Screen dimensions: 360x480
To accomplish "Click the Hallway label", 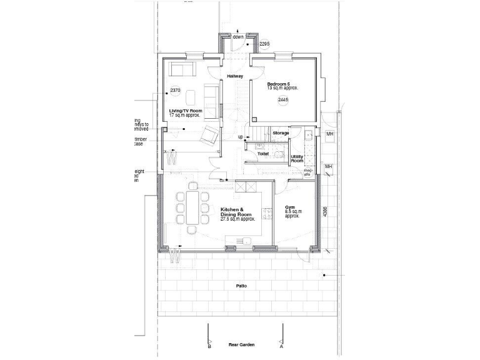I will click(235, 76).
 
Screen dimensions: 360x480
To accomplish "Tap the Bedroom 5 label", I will click(279, 84).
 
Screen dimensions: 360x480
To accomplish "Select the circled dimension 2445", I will click(282, 100).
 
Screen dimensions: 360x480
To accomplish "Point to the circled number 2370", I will click(175, 91).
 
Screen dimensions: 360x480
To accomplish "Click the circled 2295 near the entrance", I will click(264, 44).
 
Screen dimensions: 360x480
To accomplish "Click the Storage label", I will click(281, 133).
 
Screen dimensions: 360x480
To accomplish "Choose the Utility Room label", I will click(297, 159).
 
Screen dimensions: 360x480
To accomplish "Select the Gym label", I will click(290, 207).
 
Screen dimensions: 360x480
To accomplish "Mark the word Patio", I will click(241, 286).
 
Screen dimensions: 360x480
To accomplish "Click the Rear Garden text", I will click(241, 345).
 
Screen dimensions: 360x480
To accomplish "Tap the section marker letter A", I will click(281, 346).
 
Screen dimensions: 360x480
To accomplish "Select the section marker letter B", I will click(209, 346).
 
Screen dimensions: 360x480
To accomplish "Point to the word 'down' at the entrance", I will click(238, 37).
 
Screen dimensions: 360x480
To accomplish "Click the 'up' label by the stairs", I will click(241, 137).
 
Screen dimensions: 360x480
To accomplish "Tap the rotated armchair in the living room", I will click(209, 134).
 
